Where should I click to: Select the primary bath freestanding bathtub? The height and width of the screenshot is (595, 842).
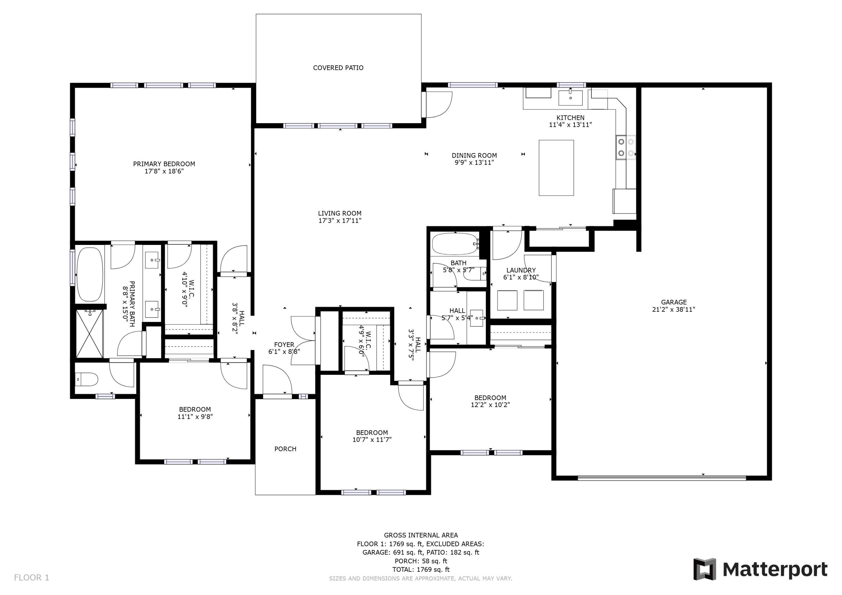pyautogui.click(x=90, y=274)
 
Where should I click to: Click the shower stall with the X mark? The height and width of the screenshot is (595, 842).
pyautogui.click(x=90, y=333)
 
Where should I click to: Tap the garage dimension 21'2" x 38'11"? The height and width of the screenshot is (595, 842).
pyautogui.click(x=673, y=309)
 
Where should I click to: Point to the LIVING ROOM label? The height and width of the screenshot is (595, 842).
pyautogui.click(x=339, y=213)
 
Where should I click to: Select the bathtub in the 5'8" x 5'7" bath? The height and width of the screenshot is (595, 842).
pyautogui.click(x=454, y=244)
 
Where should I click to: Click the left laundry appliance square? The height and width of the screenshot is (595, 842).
pyautogui.click(x=507, y=300)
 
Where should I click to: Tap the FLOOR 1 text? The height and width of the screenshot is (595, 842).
pyautogui.click(x=31, y=578)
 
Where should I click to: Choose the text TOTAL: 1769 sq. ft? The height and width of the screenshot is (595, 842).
pyautogui.click(x=421, y=569)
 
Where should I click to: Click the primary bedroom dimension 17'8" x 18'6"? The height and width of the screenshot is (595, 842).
pyautogui.click(x=164, y=171)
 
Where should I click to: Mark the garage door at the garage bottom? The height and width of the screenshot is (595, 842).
pyautogui.click(x=661, y=478)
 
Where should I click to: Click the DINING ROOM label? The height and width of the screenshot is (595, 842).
pyautogui.click(x=474, y=155)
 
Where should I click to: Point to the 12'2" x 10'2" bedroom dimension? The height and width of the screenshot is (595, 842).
pyautogui.click(x=490, y=405)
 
